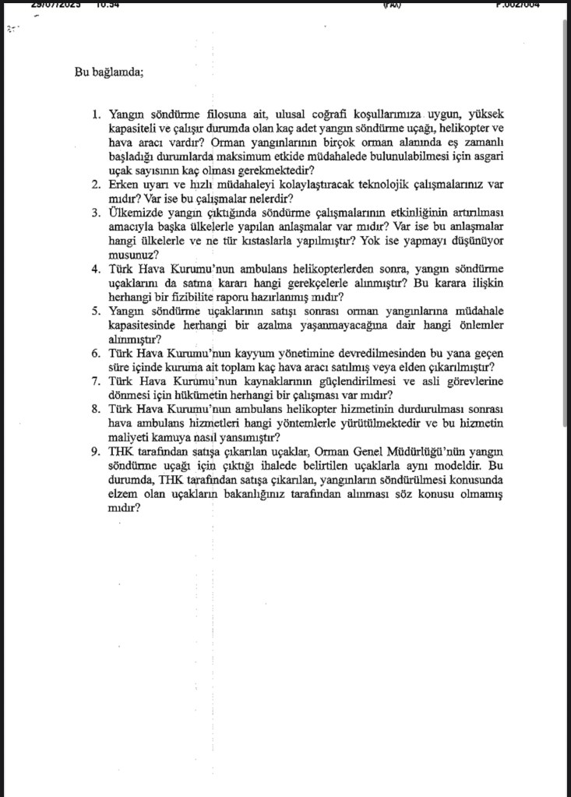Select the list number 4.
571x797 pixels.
(x=96, y=269)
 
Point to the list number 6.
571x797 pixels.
(x=96, y=353)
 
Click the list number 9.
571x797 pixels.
(x=96, y=450)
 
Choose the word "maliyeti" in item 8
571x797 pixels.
(x=129, y=436)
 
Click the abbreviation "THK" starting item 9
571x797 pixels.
(x=123, y=450)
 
